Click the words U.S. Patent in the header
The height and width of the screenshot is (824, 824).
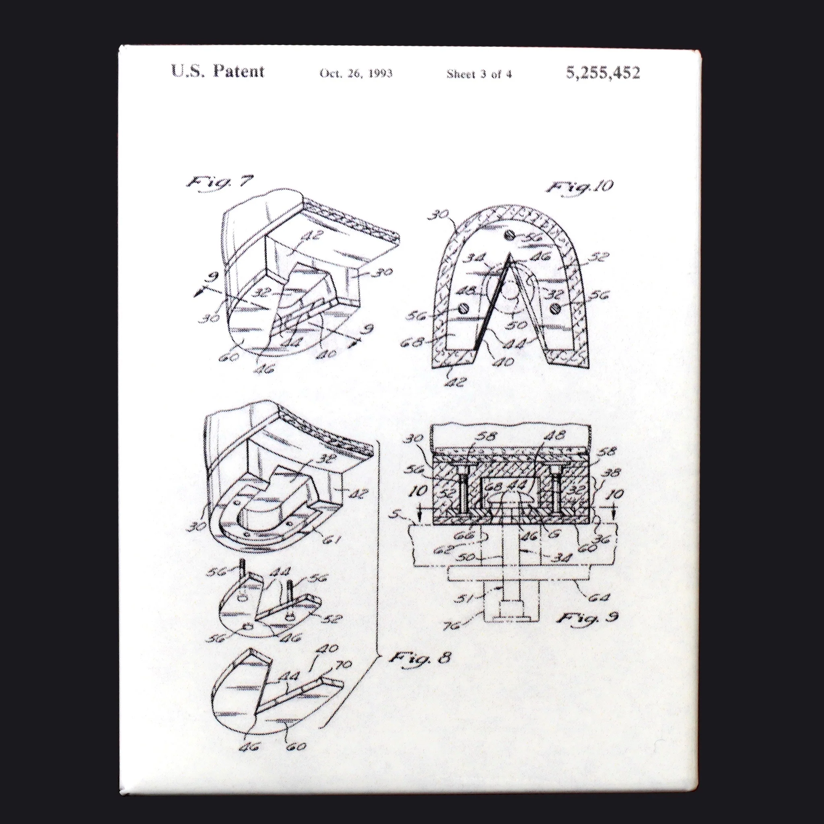(218, 71)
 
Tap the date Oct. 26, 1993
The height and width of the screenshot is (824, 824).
(356, 73)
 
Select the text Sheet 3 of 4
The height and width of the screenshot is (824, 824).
(479, 74)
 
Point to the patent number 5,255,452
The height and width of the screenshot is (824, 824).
(603, 73)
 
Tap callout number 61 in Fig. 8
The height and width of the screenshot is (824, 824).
(332, 540)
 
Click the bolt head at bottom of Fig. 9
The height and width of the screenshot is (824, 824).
(510, 617)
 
